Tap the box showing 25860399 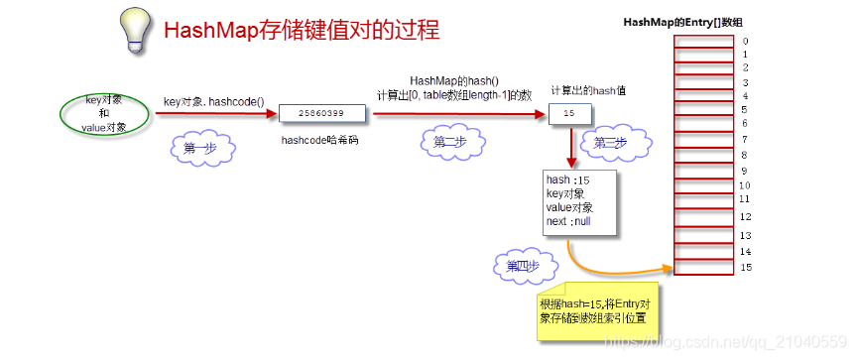(x=322, y=115)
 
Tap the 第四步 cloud (x=523, y=265)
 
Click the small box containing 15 (x=568, y=115)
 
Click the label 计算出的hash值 (x=588, y=90)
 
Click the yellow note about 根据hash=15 (x=594, y=310)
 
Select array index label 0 (x=745, y=42)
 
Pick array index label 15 (x=746, y=268)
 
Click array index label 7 (x=745, y=139)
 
